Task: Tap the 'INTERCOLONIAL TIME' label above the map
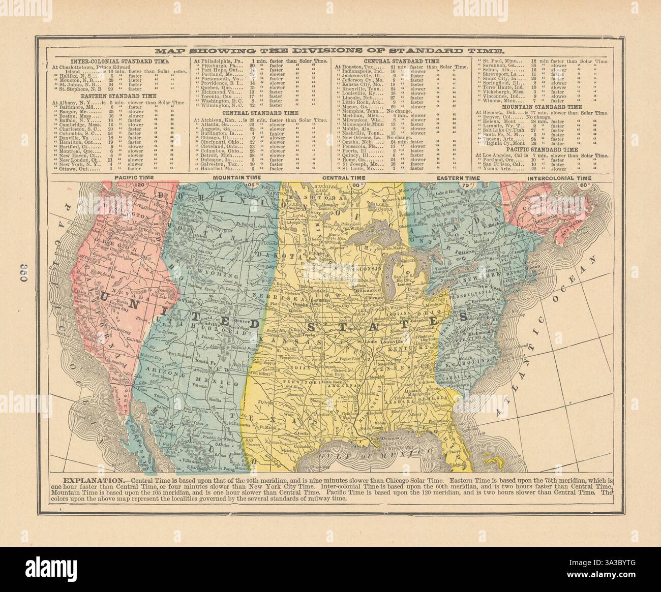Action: pyautogui.click(x=559, y=178)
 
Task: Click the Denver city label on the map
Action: pyautogui.click(x=238, y=322)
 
